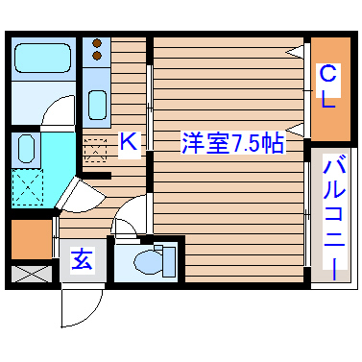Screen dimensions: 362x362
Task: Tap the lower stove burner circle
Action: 97,57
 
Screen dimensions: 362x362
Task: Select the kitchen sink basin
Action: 97,103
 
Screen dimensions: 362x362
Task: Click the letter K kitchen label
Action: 128,142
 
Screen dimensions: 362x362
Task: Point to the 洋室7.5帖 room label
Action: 232,143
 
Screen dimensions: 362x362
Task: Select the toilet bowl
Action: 153,262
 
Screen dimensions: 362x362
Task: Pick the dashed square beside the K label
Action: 96,152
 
